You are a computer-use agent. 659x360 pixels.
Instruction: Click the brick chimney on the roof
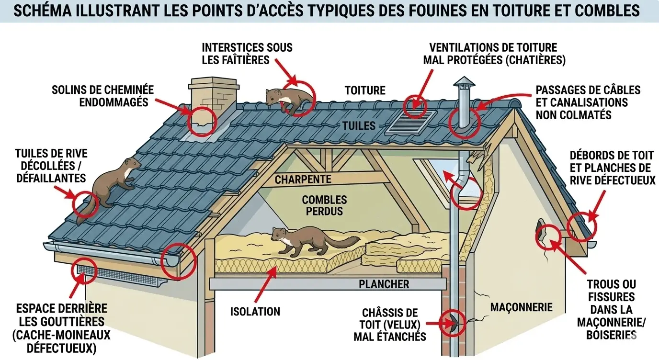(213, 98)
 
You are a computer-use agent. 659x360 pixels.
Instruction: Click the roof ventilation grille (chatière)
(410, 123)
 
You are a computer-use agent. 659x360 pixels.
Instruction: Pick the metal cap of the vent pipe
(464, 85)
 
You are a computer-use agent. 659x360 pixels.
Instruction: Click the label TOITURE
(365, 90)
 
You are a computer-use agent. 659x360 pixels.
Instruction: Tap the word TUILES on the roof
(359, 126)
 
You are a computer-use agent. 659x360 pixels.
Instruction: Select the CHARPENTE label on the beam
(303, 180)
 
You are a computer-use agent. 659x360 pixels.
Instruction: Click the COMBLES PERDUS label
(324, 205)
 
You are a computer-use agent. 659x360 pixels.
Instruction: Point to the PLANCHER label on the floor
(384, 284)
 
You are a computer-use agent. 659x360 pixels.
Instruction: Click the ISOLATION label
(255, 312)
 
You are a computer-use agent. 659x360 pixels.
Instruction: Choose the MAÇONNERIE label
(522, 307)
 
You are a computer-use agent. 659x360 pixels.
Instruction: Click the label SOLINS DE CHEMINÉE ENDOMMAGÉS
(102, 96)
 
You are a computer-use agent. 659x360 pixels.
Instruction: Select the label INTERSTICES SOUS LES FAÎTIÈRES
(247, 54)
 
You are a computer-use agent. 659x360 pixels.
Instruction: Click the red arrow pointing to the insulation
(265, 284)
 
